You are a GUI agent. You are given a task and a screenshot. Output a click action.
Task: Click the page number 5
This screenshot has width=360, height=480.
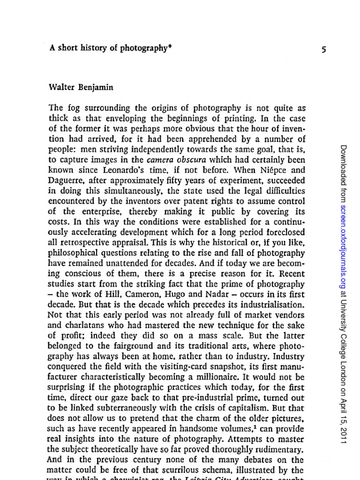click(323, 50)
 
